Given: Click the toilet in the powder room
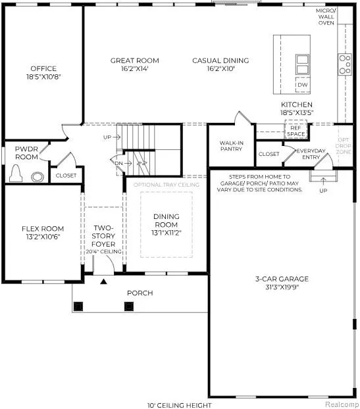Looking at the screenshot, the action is coord(16,174).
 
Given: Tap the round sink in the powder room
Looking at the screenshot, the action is coord(38,177).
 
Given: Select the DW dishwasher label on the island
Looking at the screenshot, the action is coord(303,85).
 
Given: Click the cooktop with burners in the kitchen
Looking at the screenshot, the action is coord(345,64).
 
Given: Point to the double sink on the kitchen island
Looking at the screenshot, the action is coord(303,64).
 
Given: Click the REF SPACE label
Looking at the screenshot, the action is coord(296,131).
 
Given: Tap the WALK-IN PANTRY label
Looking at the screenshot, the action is coord(231,146).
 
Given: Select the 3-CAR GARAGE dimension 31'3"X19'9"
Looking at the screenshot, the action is coord(282,287).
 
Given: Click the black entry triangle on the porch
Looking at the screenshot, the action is coord(104,281).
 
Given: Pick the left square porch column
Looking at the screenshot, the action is coord(78,306).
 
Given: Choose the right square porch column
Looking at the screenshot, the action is coord(129,306).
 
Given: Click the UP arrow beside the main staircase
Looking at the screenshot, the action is coord(116,137).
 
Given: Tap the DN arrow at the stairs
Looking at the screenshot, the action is coord(128,163).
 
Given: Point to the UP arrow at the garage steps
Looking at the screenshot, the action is coord(323,181).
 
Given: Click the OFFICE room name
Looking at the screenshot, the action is coord(43,68).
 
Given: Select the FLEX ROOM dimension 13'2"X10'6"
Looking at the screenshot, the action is coord(43,237).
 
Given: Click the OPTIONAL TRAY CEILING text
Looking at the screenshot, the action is coord(167,185).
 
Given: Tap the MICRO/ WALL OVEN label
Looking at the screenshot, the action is coord(326,16).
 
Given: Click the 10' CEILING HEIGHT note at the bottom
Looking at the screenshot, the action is coord(180,405).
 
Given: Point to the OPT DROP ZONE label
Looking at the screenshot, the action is coord(344,146).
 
